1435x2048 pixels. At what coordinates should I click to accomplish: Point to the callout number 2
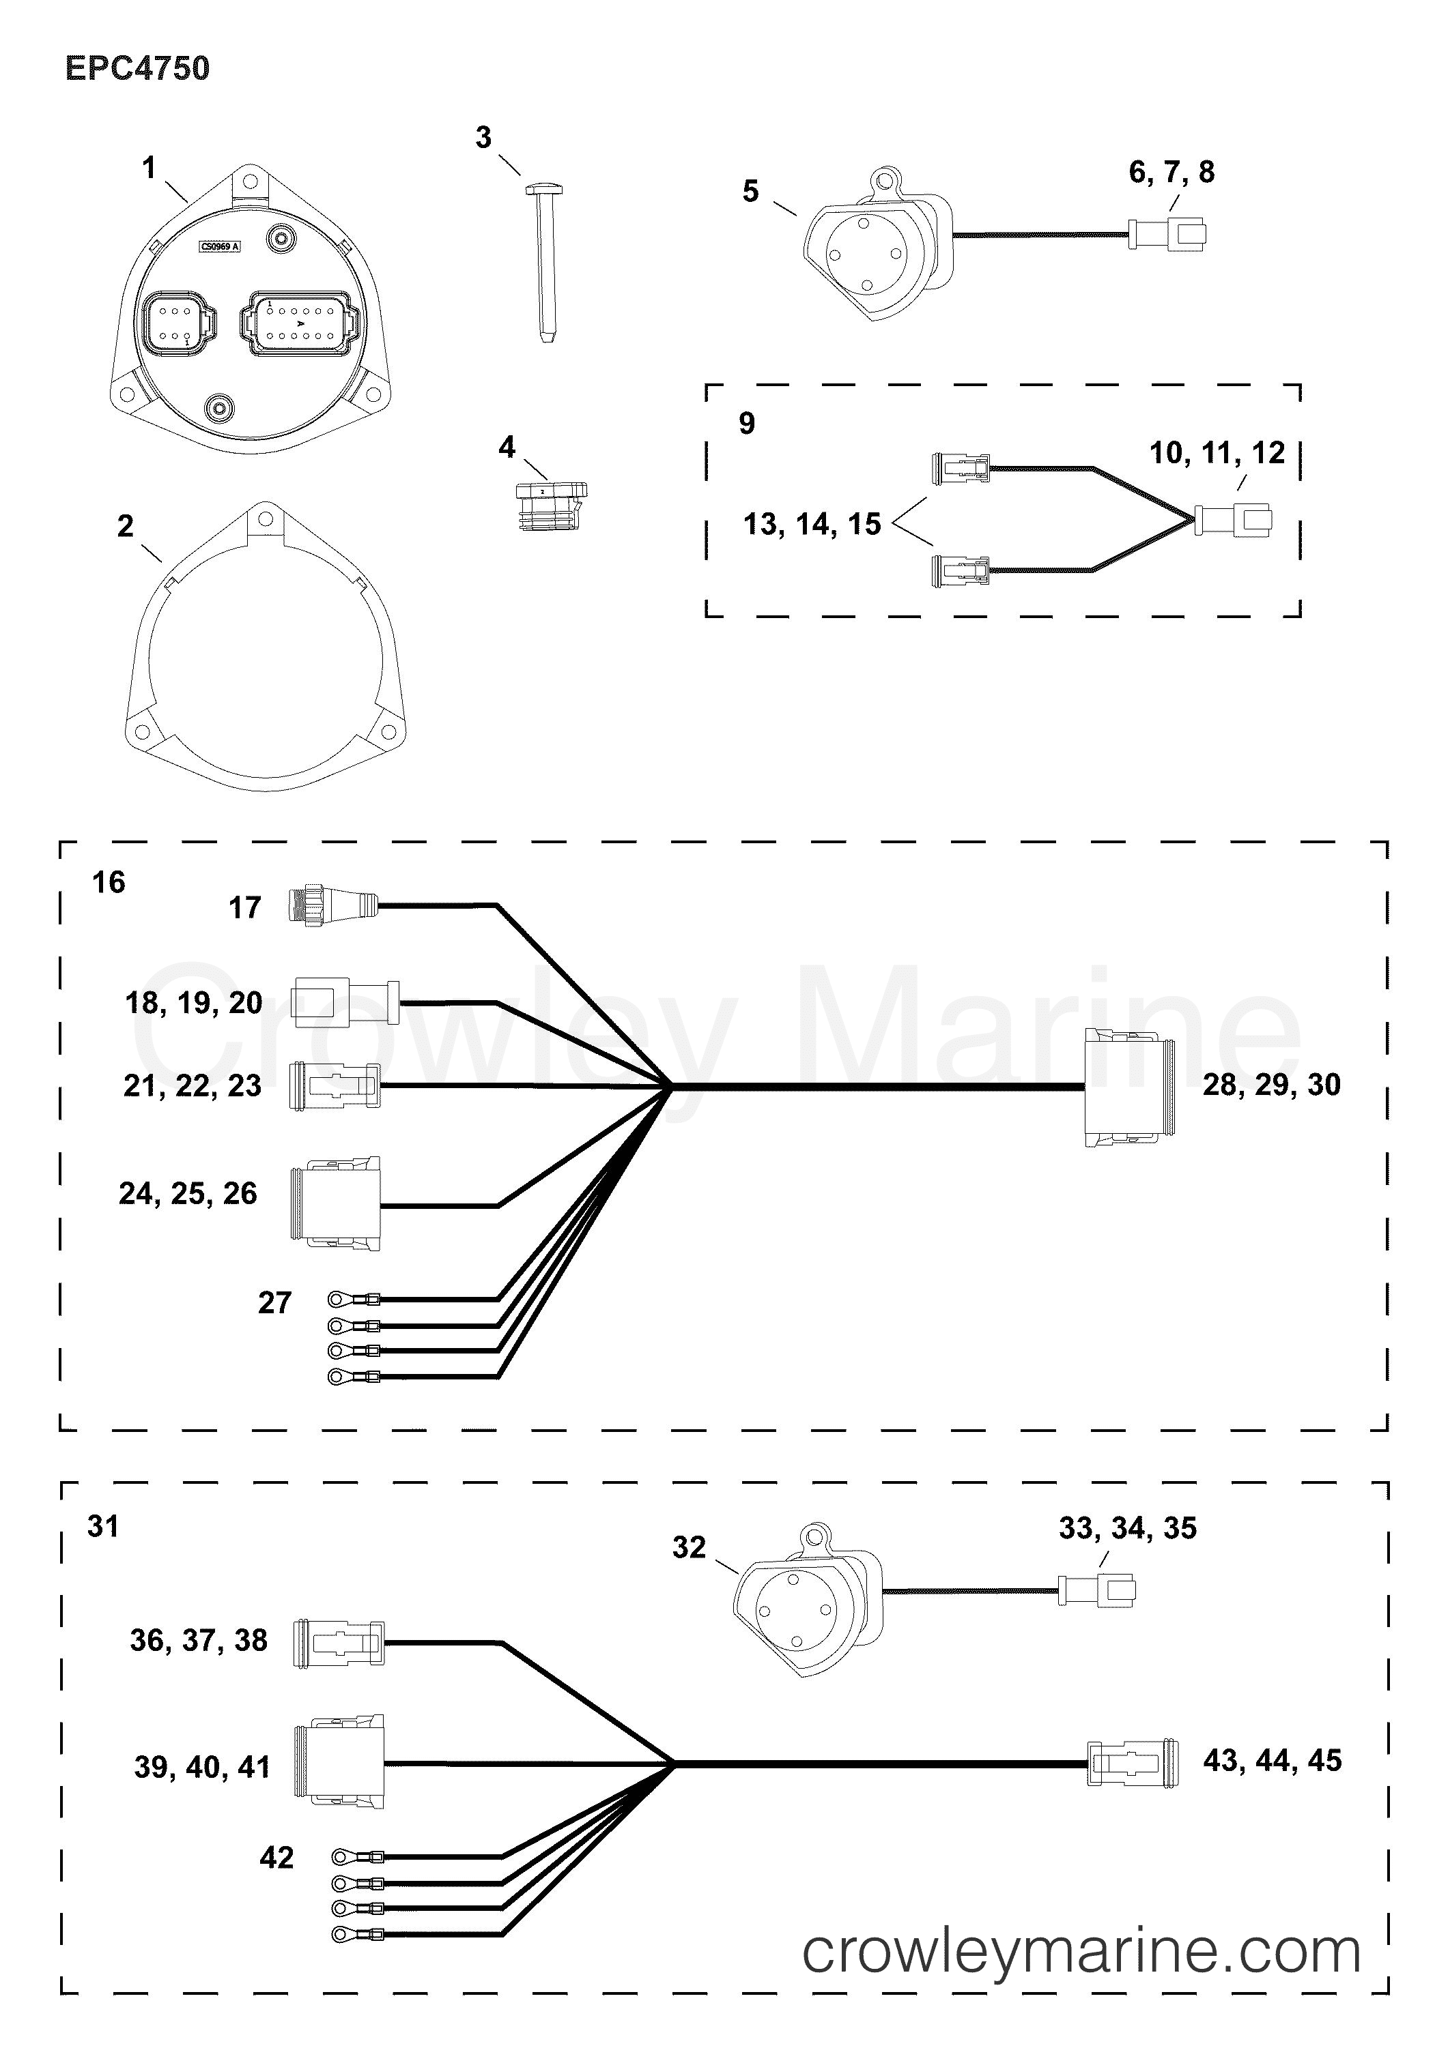coord(125,526)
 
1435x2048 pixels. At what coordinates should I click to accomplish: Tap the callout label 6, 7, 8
coord(1171,171)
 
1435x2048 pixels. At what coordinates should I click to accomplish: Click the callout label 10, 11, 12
coord(1217,453)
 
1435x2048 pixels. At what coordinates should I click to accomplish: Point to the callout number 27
coord(275,1302)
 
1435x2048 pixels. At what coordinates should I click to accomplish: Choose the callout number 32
coord(689,1547)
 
